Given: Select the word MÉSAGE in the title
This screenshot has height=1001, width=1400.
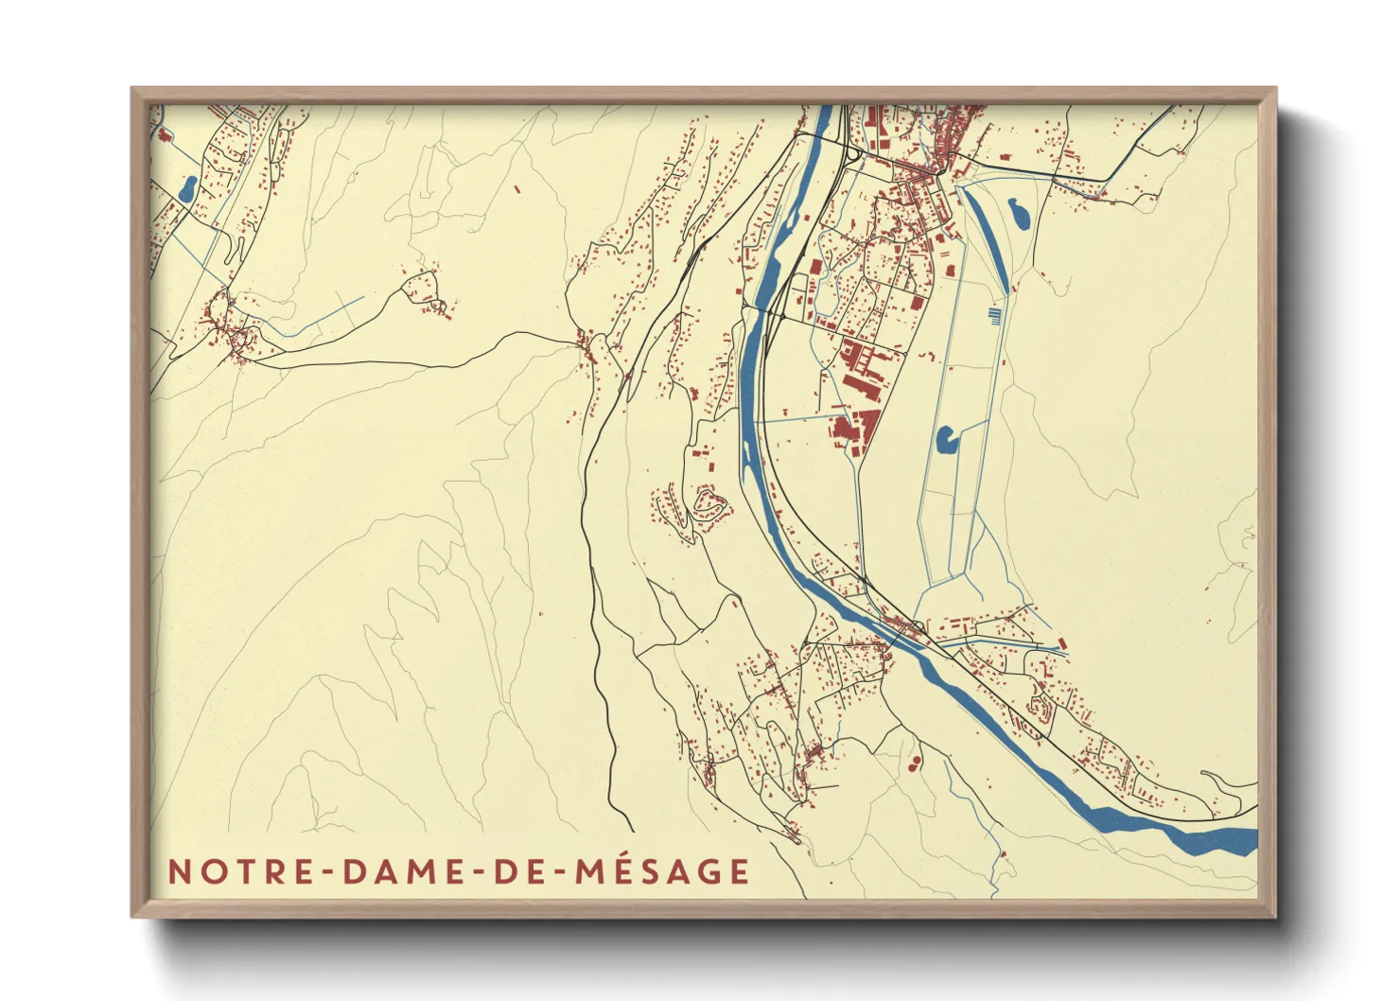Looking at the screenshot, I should [662, 870].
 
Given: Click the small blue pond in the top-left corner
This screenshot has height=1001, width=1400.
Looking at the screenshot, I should [187, 187].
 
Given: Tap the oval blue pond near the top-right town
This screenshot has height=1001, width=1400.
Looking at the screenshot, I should [1020, 213].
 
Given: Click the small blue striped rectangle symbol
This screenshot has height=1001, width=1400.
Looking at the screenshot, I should [993, 315].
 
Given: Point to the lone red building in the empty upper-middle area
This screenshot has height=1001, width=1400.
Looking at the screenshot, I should [517, 189].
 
